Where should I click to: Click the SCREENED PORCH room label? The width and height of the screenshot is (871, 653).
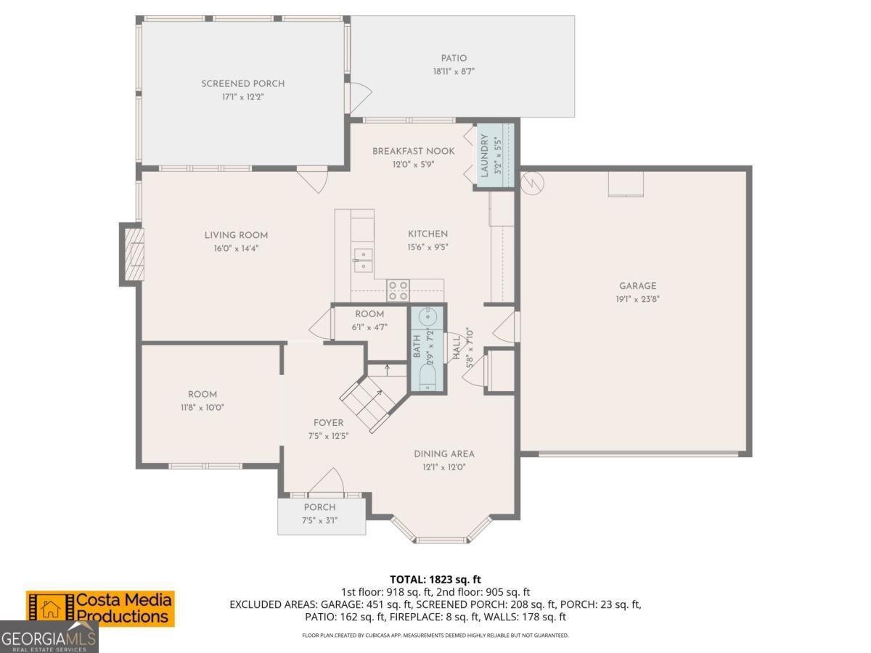(x=242, y=83)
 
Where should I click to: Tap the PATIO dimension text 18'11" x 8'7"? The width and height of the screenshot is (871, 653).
(x=454, y=71)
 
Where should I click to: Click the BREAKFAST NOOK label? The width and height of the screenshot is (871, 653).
(x=413, y=151)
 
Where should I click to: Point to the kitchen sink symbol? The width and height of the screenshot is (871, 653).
(x=362, y=260)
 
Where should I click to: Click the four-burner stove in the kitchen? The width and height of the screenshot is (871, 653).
(x=398, y=290)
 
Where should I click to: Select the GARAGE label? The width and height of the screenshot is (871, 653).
(x=637, y=286)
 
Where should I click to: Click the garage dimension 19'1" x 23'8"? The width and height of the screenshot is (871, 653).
(x=637, y=298)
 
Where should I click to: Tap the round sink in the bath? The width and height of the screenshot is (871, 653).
(x=428, y=317)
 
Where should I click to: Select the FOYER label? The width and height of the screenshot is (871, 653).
(x=328, y=423)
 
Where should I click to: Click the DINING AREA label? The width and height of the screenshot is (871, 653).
(x=444, y=454)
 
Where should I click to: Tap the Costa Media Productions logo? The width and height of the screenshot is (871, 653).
(x=101, y=608)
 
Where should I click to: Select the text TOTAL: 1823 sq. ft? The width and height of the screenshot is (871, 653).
(x=435, y=579)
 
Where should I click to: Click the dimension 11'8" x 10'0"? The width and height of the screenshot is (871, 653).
(x=202, y=407)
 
